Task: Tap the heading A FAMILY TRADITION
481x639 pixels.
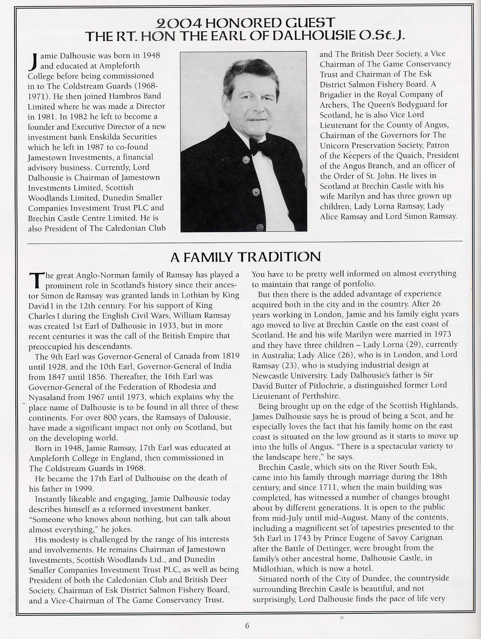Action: tap(245, 257)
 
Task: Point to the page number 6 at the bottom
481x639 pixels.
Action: tap(247, 626)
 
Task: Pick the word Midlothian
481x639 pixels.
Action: tap(272, 568)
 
